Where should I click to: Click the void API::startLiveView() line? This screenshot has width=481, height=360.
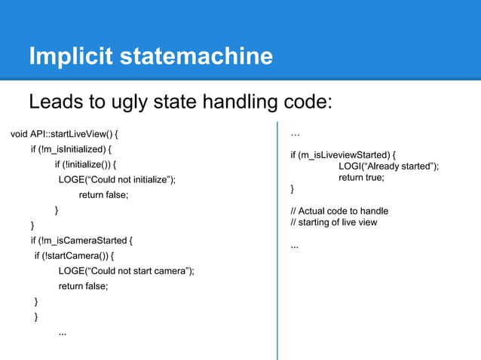[65, 135]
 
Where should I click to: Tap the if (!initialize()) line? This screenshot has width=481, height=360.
[85, 165]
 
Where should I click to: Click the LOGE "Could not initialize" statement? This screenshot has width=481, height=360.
[117, 180]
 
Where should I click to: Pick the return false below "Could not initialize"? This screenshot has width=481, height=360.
[103, 195]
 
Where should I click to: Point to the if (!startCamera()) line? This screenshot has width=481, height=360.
[79, 256]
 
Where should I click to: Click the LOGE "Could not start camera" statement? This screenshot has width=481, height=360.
[126, 271]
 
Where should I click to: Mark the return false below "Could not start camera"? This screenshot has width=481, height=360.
[83, 286]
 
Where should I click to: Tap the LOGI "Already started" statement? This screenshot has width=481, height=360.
[388, 166]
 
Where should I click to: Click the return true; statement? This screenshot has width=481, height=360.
[361, 178]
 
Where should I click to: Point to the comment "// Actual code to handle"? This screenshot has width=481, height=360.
[339, 211]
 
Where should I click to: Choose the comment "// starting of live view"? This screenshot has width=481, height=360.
[333, 222]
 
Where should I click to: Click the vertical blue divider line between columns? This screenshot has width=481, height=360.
[278, 241]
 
